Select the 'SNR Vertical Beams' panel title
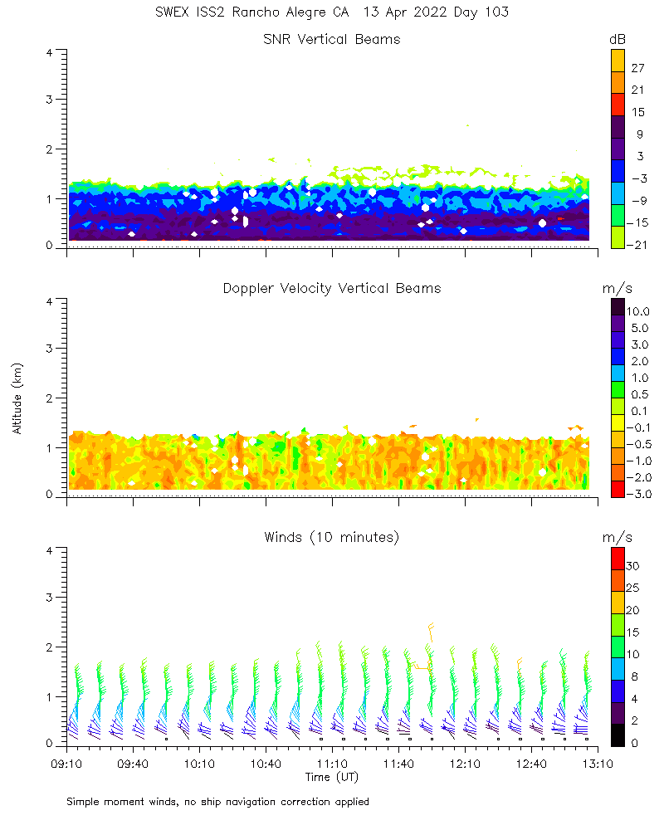pos(332,39)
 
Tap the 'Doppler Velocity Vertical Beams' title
pos(332,288)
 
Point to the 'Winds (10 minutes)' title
pos(332,537)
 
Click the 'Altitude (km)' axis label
pos(17,398)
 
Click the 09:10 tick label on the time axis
pos(66,763)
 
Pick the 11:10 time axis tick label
pos(332,763)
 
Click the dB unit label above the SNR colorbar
pos(618,39)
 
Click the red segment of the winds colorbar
pos(618,559)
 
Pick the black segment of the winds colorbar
pos(618,735)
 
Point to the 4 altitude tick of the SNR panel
pos(50,51)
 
